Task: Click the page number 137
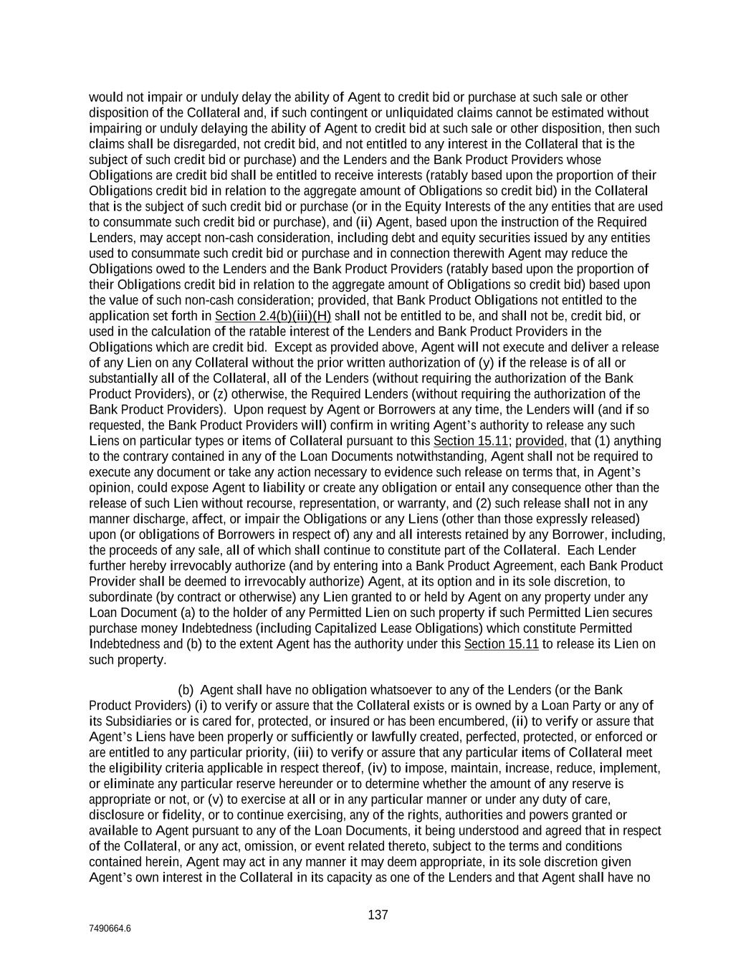tap(378, 915)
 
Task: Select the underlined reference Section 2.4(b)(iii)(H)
tap(272, 316)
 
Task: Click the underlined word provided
tap(539, 441)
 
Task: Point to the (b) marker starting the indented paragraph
tap(186, 690)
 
